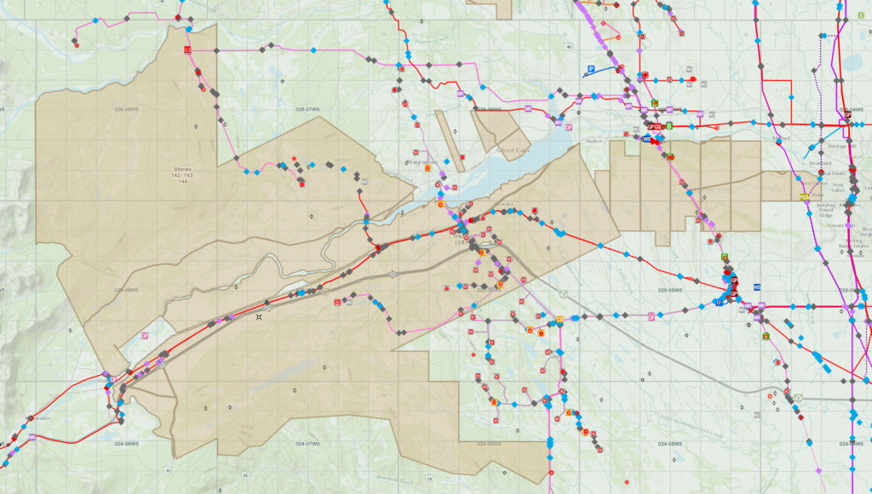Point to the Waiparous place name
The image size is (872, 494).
tap(422, 160)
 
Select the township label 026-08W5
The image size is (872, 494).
tap(126, 110)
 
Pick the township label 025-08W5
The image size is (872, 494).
tap(126, 289)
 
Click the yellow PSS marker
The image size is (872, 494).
tap(804, 196)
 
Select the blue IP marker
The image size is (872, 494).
tap(590, 68)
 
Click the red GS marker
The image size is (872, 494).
tap(657, 127)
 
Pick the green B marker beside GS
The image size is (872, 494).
tap(669, 126)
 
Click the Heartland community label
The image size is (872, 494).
tap(820, 162)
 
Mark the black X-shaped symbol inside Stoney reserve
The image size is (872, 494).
tap(259, 317)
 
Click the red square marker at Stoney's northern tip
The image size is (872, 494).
tap(186, 50)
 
